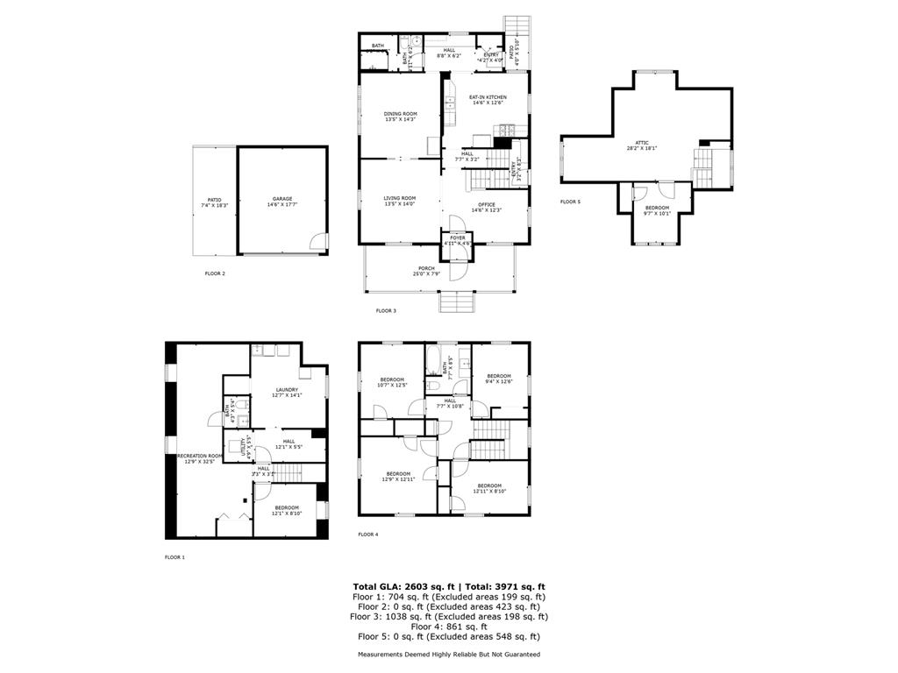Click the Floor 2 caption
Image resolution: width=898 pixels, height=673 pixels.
point(215,273)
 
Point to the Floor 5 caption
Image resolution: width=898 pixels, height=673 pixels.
point(570,202)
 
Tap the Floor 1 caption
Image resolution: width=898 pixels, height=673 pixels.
point(175,556)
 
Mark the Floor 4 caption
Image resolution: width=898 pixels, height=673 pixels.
point(368,534)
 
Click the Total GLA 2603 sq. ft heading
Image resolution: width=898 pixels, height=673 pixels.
point(449,586)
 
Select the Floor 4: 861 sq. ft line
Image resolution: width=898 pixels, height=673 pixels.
point(449,627)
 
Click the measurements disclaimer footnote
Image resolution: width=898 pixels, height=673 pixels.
point(449,655)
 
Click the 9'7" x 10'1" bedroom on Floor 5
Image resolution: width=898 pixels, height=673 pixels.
point(657,210)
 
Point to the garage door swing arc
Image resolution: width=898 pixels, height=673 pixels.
point(319,241)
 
